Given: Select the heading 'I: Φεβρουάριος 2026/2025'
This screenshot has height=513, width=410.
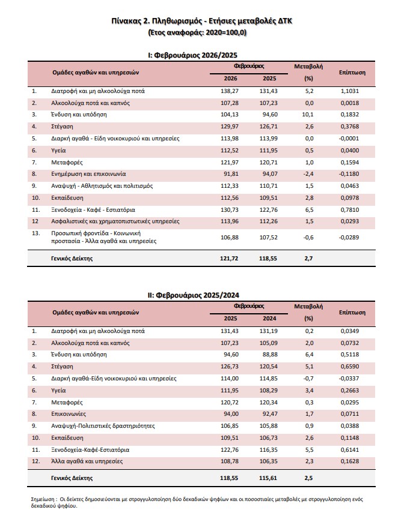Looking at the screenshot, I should click(204, 55).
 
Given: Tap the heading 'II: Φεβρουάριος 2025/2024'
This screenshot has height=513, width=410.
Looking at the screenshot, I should click(204, 295).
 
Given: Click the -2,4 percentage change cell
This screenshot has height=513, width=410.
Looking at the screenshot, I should click(308, 173).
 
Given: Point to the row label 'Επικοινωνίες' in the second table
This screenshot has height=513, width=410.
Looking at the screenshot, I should click(68, 413).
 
